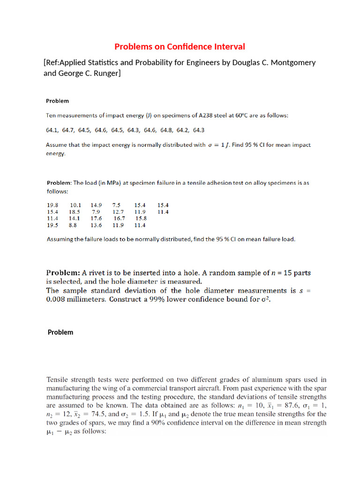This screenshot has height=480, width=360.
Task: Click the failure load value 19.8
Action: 52,205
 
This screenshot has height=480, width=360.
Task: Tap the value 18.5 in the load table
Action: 75,211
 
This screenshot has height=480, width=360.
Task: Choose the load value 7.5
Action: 116,205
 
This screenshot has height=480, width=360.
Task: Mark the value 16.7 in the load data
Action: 120,218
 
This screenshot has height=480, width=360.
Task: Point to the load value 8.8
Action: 73,225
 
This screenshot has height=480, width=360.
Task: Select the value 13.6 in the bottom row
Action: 96,225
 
